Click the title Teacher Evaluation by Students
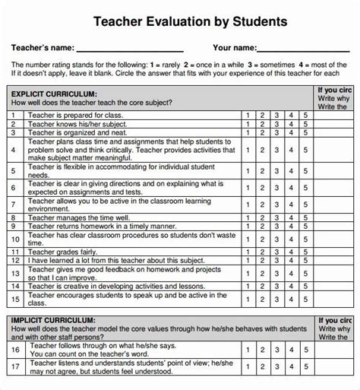pyautogui.click(x=189, y=22)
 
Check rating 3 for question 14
pyautogui.click(x=275, y=284)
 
